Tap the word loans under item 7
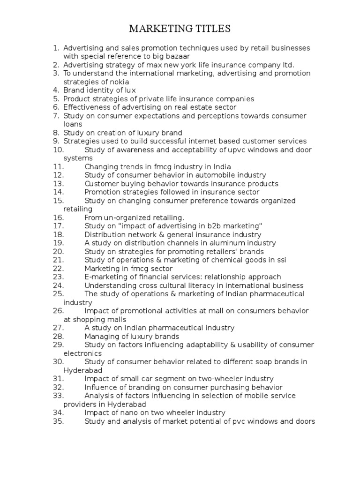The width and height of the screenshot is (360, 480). pyautogui.click(x=73, y=124)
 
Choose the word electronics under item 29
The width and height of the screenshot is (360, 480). pyautogui.click(x=82, y=353)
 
